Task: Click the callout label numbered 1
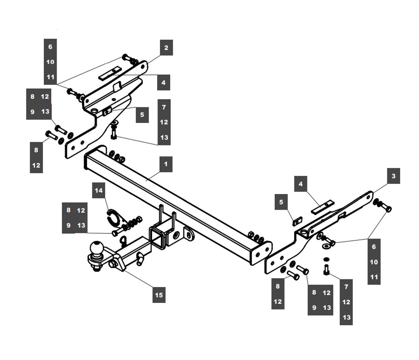point(166,164)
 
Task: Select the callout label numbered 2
point(166,48)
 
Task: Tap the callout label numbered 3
point(394,176)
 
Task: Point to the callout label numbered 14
point(99,190)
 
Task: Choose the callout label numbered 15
point(159,295)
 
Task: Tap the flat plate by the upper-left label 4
point(110,74)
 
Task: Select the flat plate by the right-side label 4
point(323,207)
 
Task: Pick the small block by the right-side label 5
point(297,222)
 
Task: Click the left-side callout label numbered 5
point(142,114)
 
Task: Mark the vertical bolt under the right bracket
point(326,269)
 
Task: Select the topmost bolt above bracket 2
point(127,58)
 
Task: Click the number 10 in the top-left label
point(50,62)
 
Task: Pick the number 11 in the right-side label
point(374,277)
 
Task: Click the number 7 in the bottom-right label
point(346,287)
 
